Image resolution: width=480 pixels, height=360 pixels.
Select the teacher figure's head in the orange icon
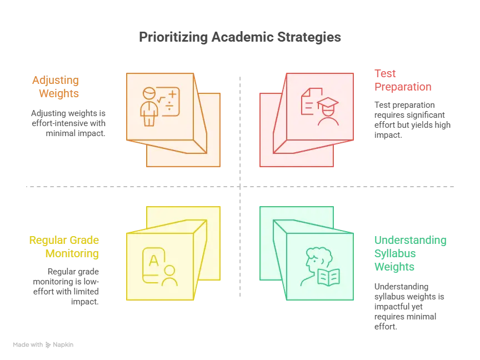click(x=148, y=93)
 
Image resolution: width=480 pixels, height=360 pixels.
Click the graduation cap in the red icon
click(x=328, y=103)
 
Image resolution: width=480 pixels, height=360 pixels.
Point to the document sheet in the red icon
click(x=309, y=101)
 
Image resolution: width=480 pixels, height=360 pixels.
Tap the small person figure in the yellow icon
click(x=169, y=276)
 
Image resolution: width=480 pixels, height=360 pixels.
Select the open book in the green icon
click(x=328, y=277)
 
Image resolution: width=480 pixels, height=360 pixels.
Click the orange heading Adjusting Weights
click(x=56, y=87)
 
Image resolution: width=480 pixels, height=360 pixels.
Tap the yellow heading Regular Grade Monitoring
click(x=65, y=247)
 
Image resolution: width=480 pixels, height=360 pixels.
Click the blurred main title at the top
click(x=239, y=38)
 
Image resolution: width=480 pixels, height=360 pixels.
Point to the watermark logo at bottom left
click(x=44, y=345)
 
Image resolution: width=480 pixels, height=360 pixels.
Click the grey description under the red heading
click(x=412, y=118)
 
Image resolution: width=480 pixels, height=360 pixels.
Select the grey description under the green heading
click(x=408, y=306)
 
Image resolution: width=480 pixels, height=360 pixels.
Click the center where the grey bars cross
click(x=240, y=187)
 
